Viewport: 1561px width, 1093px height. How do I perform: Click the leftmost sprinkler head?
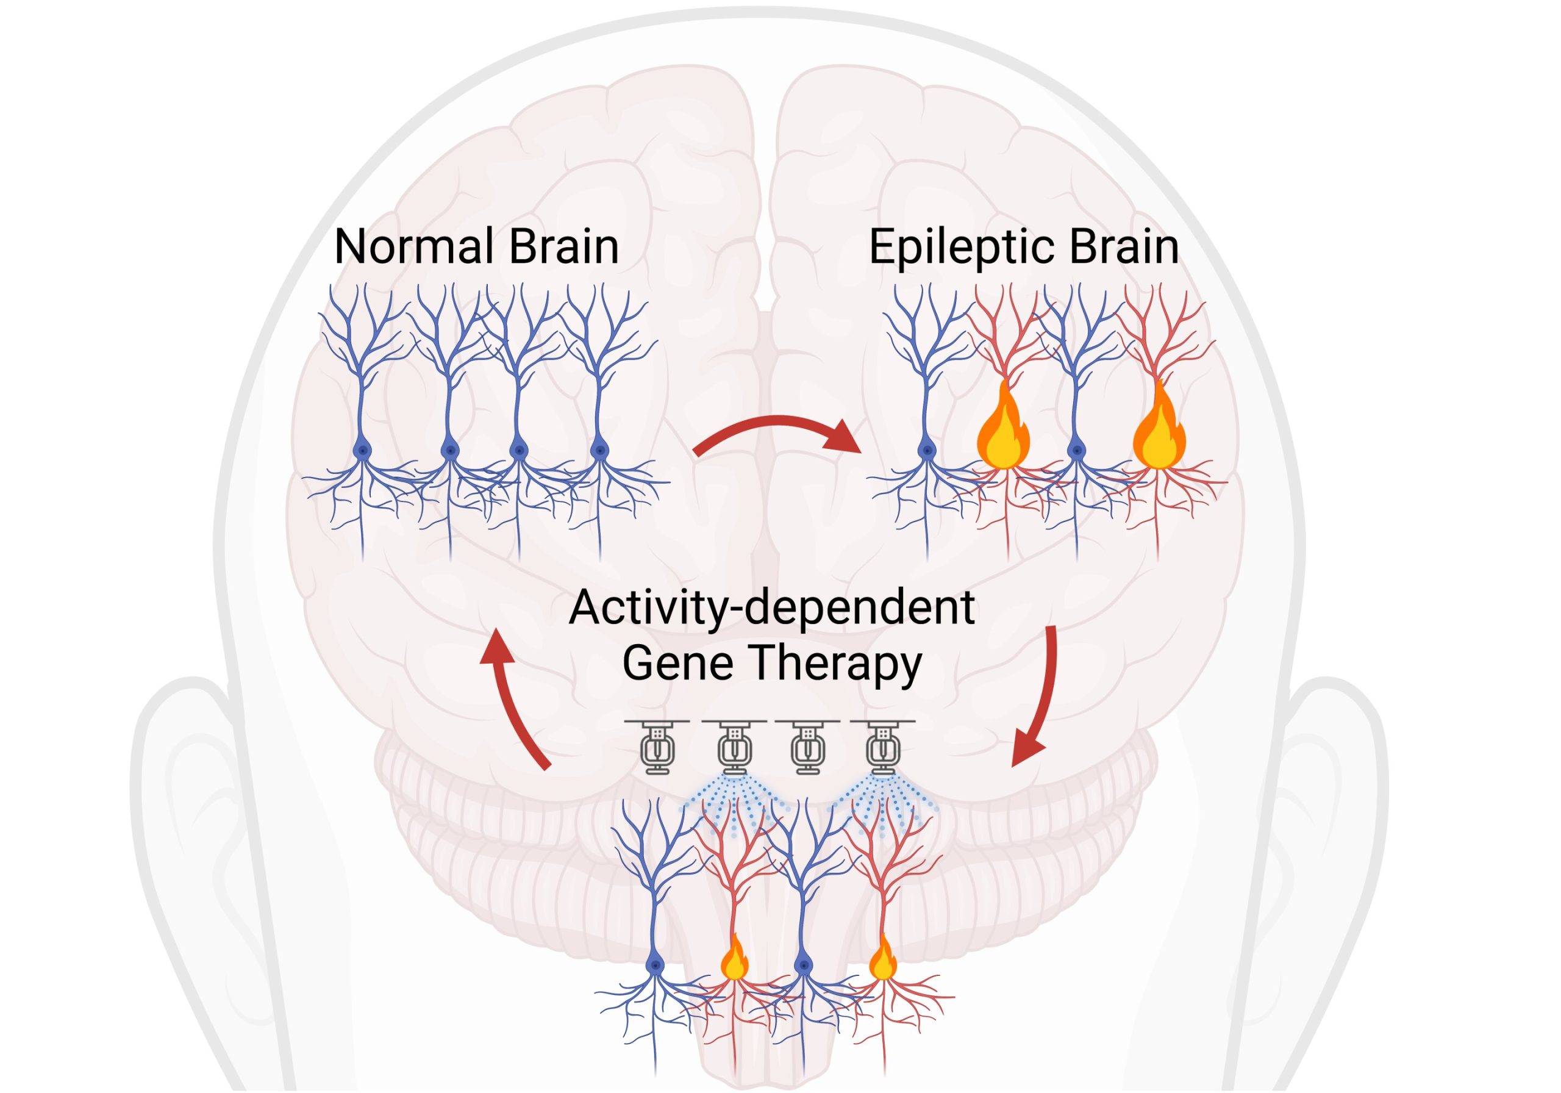(657, 748)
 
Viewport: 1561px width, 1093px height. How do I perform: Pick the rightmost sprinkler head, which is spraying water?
(882, 748)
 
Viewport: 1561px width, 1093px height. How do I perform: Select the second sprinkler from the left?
(734, 748)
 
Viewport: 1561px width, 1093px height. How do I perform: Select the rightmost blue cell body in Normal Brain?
(599, 450)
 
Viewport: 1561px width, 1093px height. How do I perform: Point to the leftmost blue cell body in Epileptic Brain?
(926, 450)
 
